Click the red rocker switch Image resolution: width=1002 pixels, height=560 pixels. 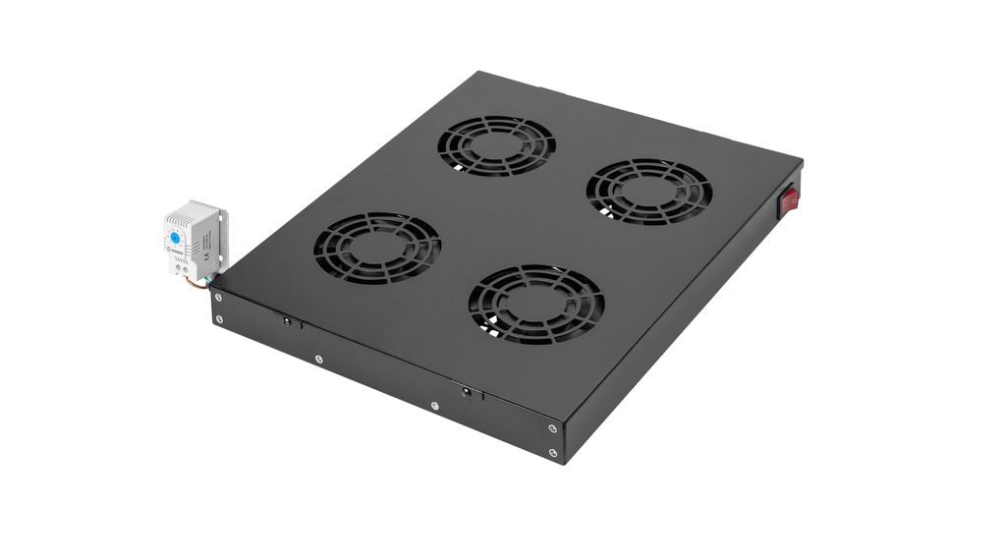click(x=787, y=202)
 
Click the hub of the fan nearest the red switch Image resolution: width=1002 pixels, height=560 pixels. click(x=648, y=191)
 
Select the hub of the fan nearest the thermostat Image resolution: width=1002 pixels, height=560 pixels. click(x=376, y=246)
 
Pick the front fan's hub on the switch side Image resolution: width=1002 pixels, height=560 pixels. click(x=535, y=304)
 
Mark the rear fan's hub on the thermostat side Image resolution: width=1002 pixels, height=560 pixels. click(x=496, y=144)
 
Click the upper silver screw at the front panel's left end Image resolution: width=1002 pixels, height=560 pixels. click(x=217, y=298)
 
